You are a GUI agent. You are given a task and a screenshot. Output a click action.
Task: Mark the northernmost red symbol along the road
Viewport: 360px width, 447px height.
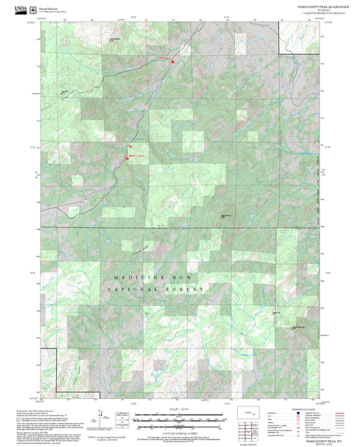coord(172,61)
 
